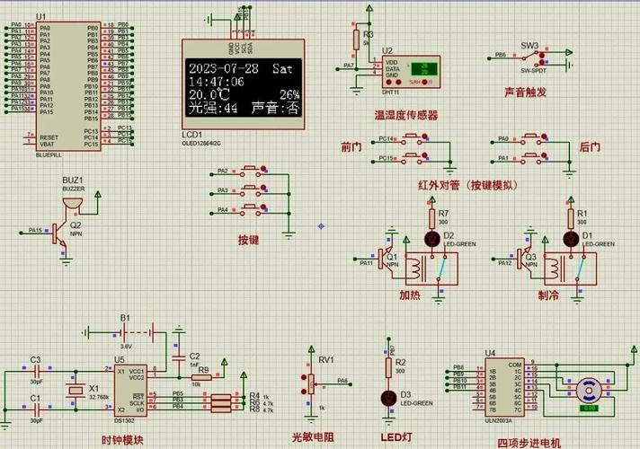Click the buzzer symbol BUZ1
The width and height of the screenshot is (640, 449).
65,207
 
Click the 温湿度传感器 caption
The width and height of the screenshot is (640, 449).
406,115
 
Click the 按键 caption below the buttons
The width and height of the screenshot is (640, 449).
249,240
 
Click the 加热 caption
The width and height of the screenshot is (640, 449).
411,294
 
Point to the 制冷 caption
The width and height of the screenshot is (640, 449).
549,294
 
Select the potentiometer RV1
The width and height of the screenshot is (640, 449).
311,383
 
